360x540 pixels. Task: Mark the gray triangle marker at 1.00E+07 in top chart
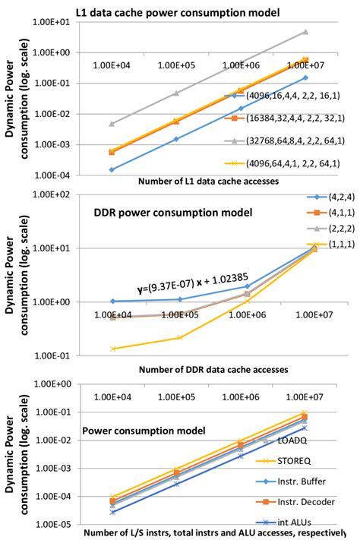click(x=306, y=32)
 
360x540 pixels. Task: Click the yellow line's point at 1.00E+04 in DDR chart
click(x=113, y=349)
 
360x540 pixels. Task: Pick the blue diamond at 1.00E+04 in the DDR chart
click(x=113, y=302)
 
